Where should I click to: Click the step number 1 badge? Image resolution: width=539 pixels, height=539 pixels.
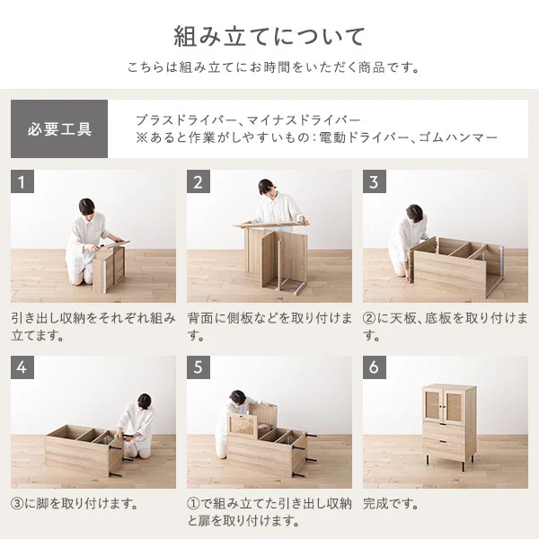tap(22, 181)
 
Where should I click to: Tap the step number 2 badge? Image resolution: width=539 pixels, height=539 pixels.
tap(199, 181)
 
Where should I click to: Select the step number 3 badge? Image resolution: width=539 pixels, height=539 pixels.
tap(375, 181)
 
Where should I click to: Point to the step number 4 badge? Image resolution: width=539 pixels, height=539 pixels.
tap(22, 367)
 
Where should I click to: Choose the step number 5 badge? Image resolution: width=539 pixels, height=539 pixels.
tap(199, 367)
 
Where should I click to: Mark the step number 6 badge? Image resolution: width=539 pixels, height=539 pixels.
tap(375, 367)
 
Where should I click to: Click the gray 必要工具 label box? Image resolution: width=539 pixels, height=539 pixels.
tap(59, 128)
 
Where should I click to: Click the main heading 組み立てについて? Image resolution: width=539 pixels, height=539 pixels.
tap(269, 37)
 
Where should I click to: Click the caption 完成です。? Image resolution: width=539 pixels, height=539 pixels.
tap(391, 504)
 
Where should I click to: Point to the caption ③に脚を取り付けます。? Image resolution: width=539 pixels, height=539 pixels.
tap(75, 504)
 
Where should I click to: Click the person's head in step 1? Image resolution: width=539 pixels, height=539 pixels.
tap(86, 207)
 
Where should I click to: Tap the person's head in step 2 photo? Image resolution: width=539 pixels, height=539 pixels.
tap(267, 188)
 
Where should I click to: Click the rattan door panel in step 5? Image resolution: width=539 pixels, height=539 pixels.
tap(243, 425)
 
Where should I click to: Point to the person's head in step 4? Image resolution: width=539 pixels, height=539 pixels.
tap(145, 402)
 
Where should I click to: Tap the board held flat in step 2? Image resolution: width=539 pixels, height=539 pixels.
tap(271, 224)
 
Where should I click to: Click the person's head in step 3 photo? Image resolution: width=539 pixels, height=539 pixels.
tap(414, 213)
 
